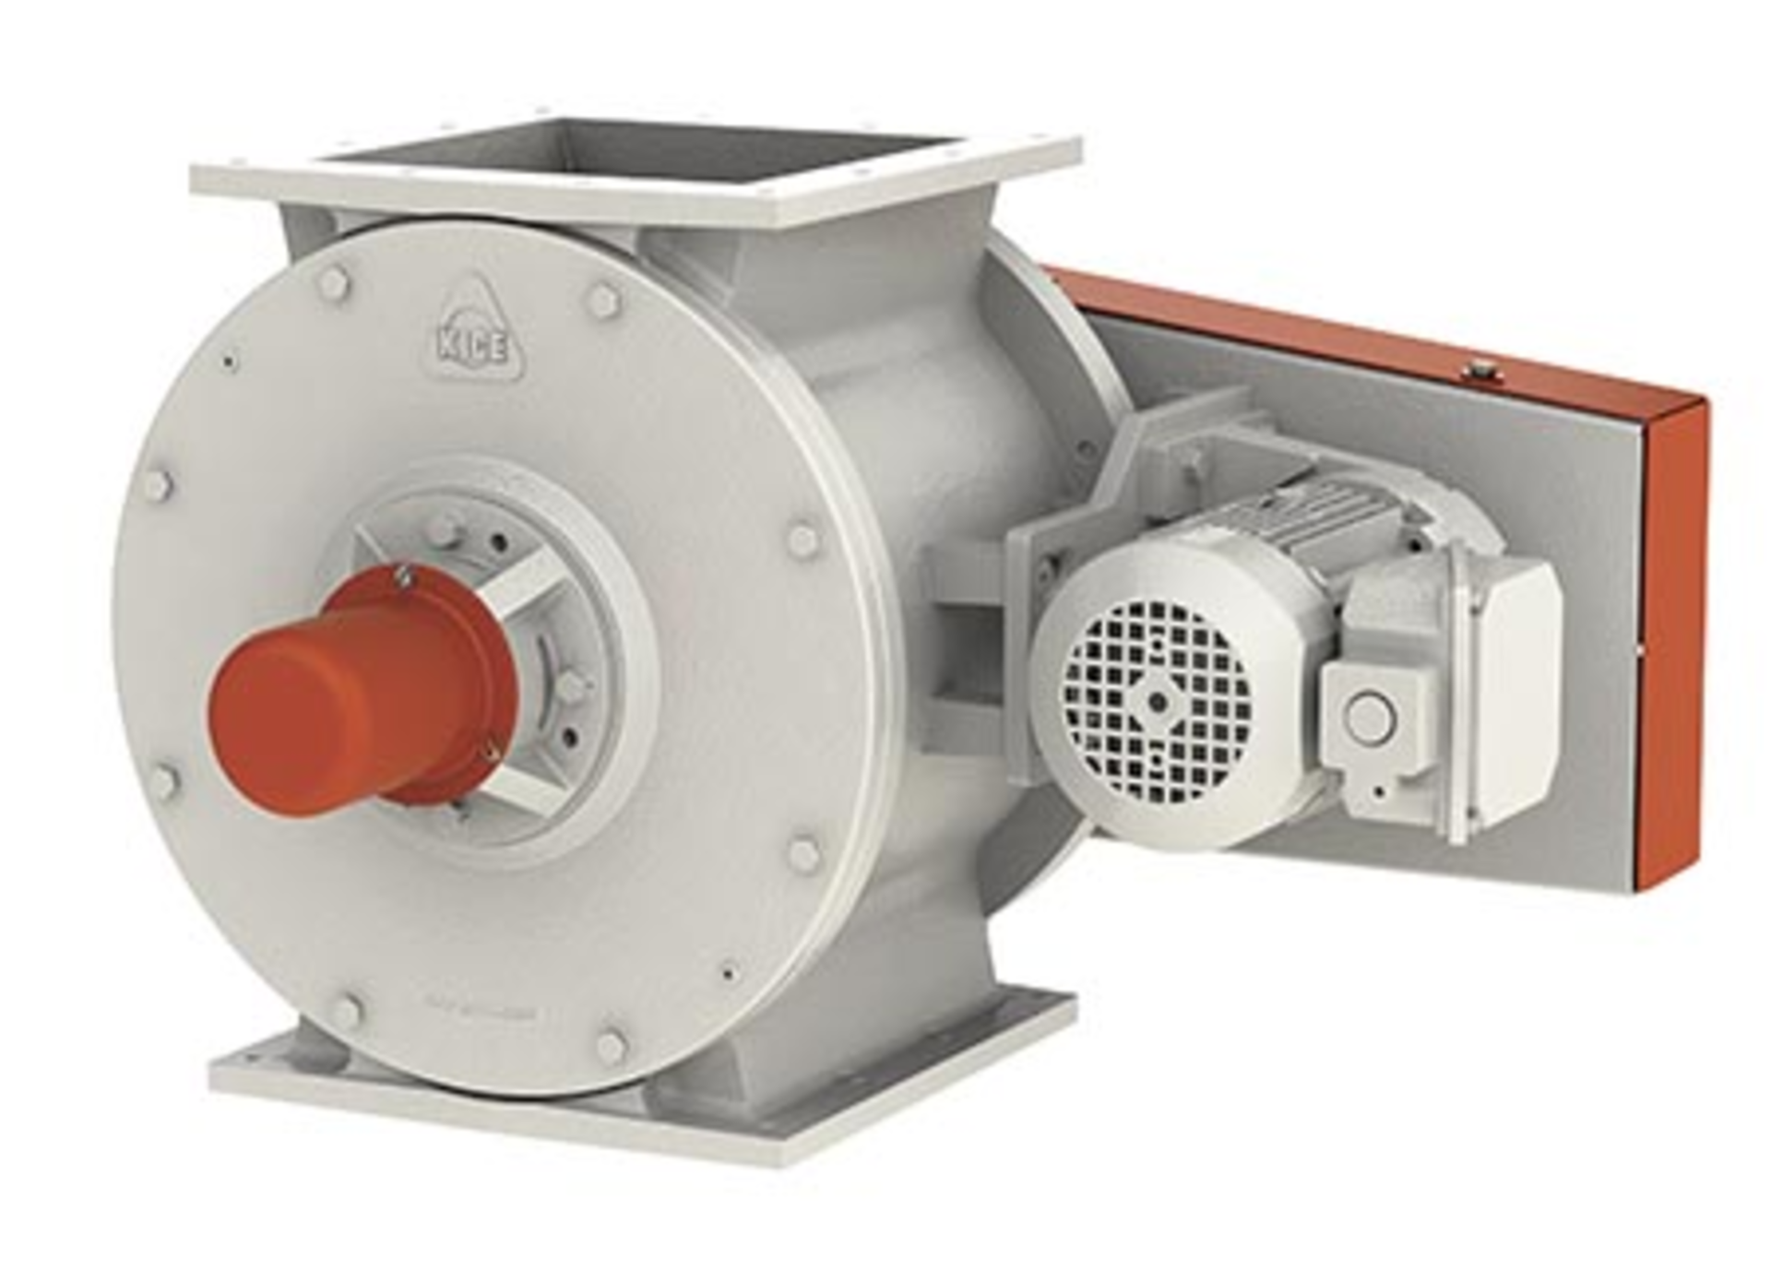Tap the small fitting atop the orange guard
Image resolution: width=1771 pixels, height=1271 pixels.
tap(1479, 369)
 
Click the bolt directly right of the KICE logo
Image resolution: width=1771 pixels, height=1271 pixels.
tap(604, 300)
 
